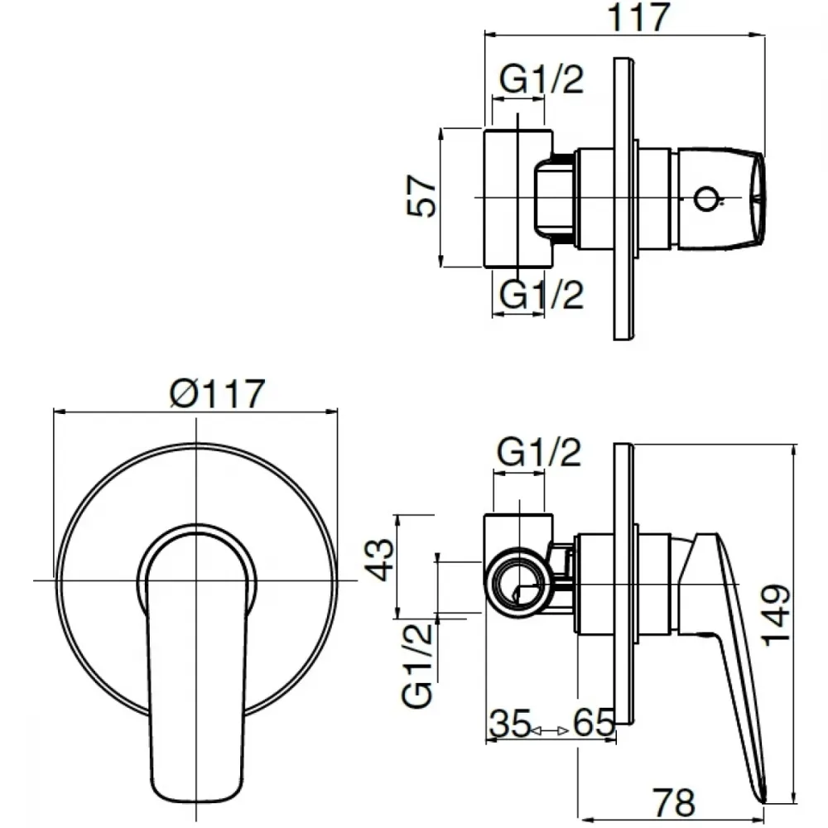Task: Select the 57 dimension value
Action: pos(422,196)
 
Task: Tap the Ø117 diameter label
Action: pos(217,393)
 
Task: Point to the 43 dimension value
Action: pos(379,560)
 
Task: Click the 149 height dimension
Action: pos(776,614)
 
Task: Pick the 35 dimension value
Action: pos(509,723)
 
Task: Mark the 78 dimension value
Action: pos(673,802)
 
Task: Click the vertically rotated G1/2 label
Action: pos(417,666)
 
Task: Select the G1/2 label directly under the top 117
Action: pos(542,79)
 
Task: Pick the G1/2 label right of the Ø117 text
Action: pos(539,452)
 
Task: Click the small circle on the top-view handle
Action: pos(705,199)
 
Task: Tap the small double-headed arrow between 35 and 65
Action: pos(549,731)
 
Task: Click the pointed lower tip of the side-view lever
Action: pos(763,802)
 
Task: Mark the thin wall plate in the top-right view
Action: pos(623,199)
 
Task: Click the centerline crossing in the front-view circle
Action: pos(196,580)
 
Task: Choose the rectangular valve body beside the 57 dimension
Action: pos(518,198)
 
